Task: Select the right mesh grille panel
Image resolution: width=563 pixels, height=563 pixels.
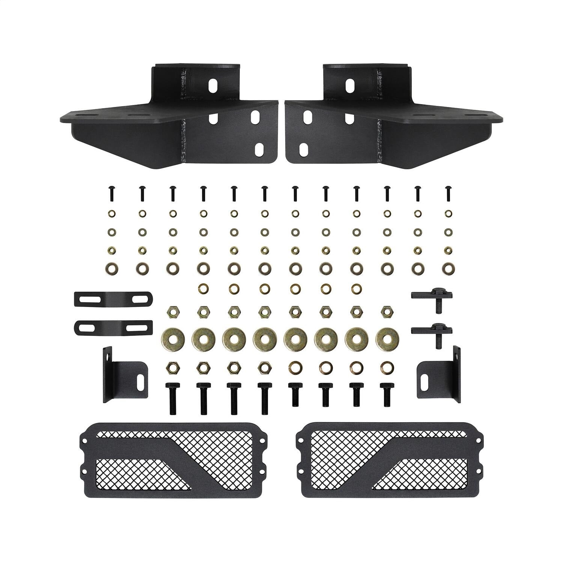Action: [388, 455]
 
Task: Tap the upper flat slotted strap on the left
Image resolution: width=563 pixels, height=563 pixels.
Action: [113, 299]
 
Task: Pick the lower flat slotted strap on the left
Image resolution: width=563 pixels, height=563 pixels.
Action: [113, 327]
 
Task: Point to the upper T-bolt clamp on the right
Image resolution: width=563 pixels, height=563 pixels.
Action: [432, 298]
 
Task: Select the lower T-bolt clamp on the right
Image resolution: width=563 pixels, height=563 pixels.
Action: [432, 333]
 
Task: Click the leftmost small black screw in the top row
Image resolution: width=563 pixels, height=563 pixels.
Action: [111, 193]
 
